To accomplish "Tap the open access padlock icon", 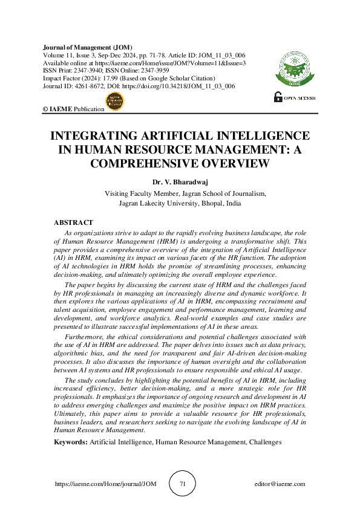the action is point(278,96).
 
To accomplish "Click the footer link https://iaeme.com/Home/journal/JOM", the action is point(97,484).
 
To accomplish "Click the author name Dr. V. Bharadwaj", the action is point(180,181).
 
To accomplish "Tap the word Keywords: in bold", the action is point(71,443).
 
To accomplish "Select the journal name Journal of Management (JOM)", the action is point(88,47).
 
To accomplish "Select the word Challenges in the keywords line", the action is point(264,443).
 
